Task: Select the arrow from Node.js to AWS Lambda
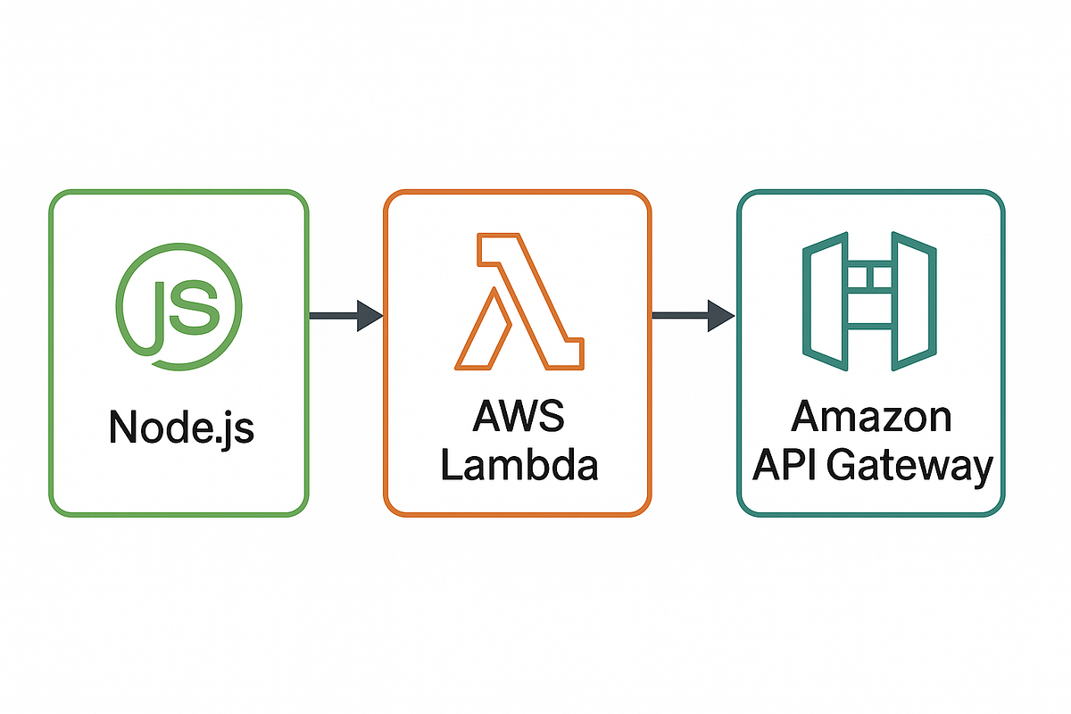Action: (x=345, y=315)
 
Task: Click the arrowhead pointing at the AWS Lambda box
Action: (x=369, y=315)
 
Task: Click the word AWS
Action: (x=519, y=419)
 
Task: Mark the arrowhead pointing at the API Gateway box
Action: (x=720, y=315)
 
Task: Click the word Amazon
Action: (x=871, y=418)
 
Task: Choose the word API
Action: (x=785, y=465)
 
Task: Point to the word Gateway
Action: (x=910, y=467)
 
